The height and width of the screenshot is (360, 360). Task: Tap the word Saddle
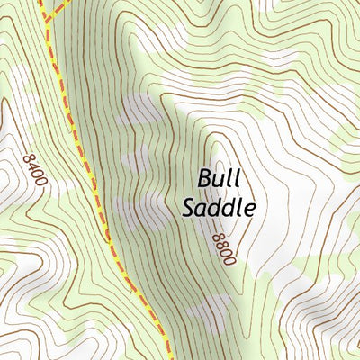[x=220, y=207]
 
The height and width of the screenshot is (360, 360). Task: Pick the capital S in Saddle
[x=189, y=207]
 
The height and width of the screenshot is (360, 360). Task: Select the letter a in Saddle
[x=203, y=209]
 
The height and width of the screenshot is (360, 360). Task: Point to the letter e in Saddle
[x=251, y=209]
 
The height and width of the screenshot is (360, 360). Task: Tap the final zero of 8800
[x=230, y=260]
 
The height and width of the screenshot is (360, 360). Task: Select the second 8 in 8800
[x=222, y=245]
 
